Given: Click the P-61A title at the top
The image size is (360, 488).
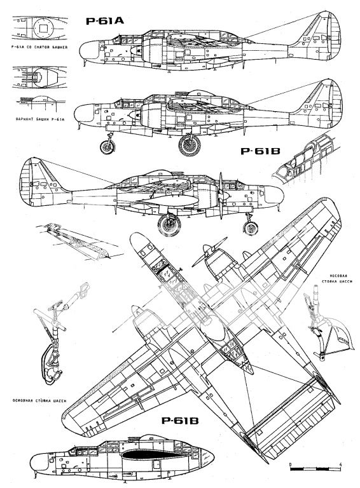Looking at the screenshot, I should pos(104,22).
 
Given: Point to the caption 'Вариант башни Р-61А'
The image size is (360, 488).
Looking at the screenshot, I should pos(36,118).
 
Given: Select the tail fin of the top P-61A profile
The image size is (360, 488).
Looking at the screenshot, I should pos(315,32).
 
